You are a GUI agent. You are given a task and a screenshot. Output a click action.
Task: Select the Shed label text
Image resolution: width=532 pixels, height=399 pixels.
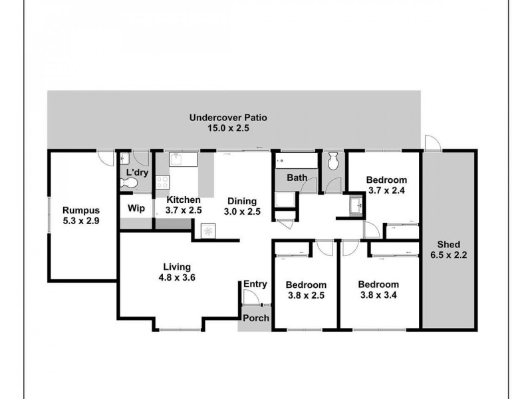tap(449, 245)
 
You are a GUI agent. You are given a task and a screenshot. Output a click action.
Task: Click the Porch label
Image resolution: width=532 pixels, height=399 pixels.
tap(255, 318)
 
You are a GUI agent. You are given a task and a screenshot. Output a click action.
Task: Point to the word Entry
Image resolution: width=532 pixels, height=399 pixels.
tap(255, 284)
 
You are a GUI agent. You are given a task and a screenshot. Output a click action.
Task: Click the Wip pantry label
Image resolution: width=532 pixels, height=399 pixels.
tap(136, 208)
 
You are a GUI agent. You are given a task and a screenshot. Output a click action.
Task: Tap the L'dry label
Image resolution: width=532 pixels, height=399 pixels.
tap(136, 173)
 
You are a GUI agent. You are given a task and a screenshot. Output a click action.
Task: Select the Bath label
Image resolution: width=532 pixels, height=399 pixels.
tap(297, 178)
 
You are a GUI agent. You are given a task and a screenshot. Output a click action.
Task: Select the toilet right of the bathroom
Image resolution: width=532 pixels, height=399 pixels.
tap(334, 160)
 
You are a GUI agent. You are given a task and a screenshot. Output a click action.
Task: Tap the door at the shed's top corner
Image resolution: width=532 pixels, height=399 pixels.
tap(432, 143)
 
